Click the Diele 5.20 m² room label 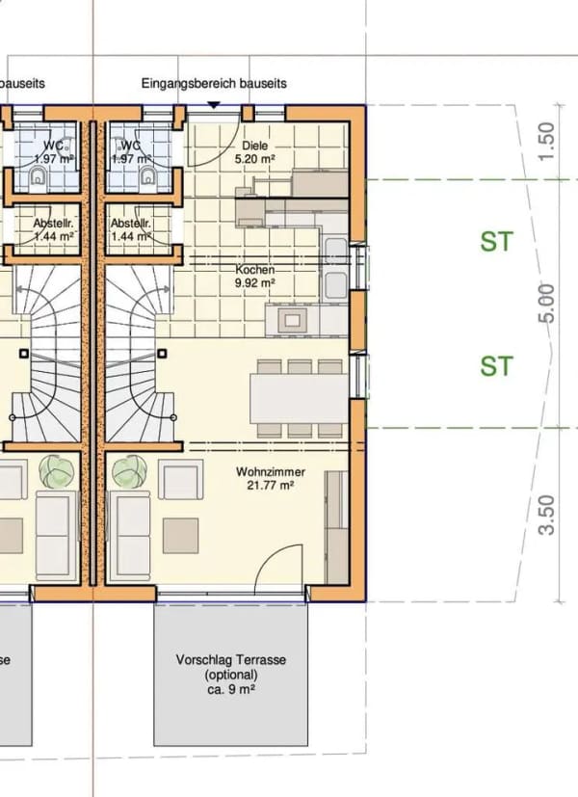click(255, 152)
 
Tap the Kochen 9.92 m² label click(255, 276)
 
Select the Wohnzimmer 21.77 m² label click(271, 478)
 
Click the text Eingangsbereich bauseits click(214, 83)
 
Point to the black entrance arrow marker click(214, 105)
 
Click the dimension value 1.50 click(546, 142)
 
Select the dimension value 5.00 click(546, 303)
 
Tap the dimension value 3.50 click(546, 515)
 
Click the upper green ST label click(497, 242)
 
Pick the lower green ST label click(497, 366)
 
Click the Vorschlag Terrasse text click(231, 660)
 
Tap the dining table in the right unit click(299, 399)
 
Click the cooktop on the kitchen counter click(292, 320)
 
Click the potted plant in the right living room click(129, 471)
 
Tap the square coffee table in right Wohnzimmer click(180, 536)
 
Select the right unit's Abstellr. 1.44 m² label click(131, 229)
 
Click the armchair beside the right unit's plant click(180, 479)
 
